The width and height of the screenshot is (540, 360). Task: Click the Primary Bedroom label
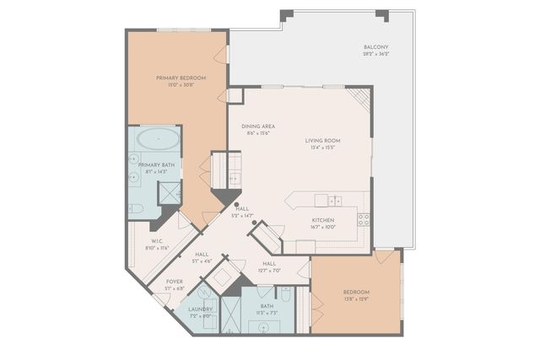tap(175, 77)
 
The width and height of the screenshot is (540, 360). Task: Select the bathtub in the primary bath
tap(158, 139)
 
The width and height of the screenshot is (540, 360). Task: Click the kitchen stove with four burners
tap(364, 218)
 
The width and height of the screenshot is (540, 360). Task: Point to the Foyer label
tap(174, 282)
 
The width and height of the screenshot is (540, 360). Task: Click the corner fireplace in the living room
tap(360, 99)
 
